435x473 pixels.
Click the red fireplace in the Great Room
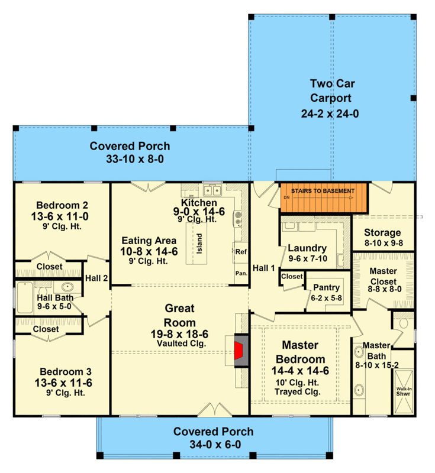pyautogui.click(x=240, y=350)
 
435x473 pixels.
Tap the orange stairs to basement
pyautogui.click(x=323, y=199)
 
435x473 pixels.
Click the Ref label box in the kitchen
pyautogui.click(x=240, y=251)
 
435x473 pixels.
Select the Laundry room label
pyautogui.click(x=307, y=248)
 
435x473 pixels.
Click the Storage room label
pyautogui.click(x=382, y=232)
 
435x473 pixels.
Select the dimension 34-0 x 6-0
pyautogui.click(x=213, y=445)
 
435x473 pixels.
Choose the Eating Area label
pyautogui.click(x=149, y=241)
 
